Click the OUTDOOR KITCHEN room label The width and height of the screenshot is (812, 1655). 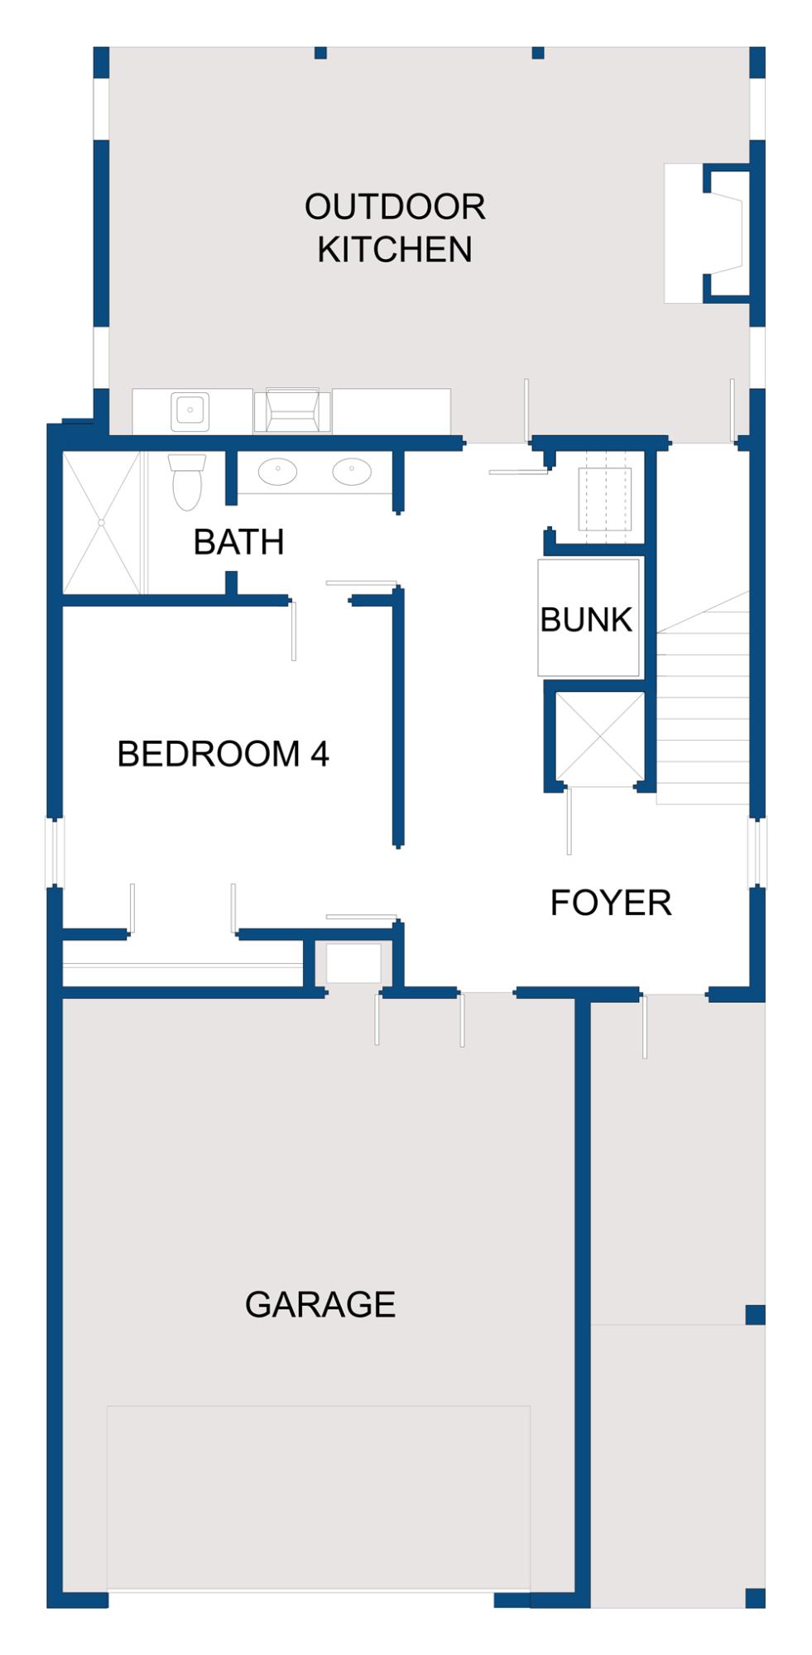(395, 228)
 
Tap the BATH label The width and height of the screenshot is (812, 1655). (238, 542)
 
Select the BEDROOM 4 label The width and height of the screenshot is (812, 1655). (223, 754)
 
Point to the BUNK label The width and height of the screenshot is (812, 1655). (586, 619)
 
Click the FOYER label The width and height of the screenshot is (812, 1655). (611, 902)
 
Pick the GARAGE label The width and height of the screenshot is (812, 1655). (320, 1304)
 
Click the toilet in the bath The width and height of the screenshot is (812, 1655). (187, 482)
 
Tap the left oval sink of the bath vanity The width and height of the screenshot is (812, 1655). (277, 472)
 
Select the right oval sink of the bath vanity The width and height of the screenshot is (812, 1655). (352, 472)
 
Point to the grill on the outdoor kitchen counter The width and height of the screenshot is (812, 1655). (292, 410)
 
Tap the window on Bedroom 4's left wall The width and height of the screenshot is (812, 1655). (55, 851)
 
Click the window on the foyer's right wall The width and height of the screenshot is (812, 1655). (757, 851)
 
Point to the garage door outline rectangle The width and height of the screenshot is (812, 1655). (319, 1498)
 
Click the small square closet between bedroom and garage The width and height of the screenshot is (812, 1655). (353, 964)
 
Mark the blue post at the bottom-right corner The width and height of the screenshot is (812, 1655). (755, 1598)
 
